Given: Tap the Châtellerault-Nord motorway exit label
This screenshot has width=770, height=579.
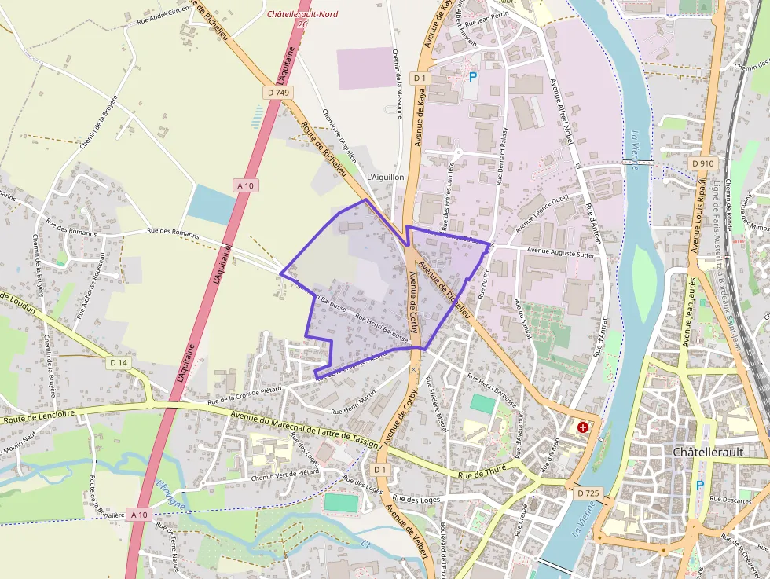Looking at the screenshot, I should click(x=302, y=14).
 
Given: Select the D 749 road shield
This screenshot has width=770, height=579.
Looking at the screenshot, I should click(x=278, y=93).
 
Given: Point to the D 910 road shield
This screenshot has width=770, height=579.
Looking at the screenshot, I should click(x=703, y=163).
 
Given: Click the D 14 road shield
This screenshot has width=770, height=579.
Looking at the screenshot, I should click(x=119, y=362).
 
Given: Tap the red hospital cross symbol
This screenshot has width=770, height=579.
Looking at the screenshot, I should click(x=583, y=427).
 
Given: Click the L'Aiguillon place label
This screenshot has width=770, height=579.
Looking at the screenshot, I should click(x=386, y=178).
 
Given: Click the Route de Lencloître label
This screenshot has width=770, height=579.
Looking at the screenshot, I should click(x=38, y=417).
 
